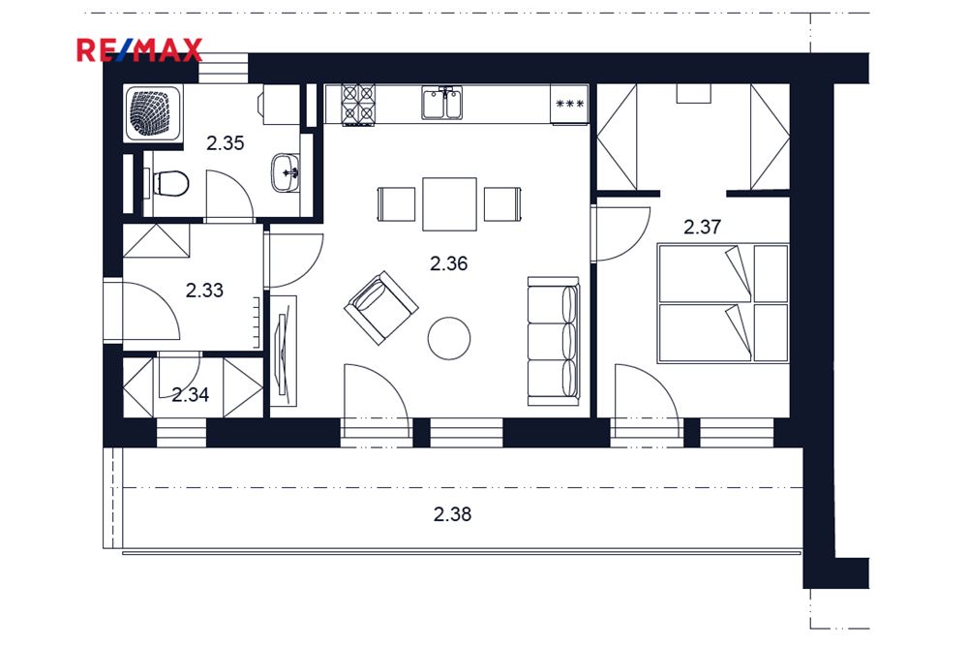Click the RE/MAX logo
(139, 49)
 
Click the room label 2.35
(226, 143)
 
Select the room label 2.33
(204, 289)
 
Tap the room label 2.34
(191, 394)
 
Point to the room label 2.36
(449, 261)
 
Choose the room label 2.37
(702, 228)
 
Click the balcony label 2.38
(452, 514)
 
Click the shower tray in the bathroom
(152, 115)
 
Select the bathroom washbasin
(286, 172)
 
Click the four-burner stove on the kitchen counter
(358, 105)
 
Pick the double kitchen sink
(441, 103)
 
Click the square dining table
(449, 204)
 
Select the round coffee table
(449, 337)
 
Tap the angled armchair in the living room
(380, 307)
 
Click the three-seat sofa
(553, 341)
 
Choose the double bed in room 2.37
(723, 302)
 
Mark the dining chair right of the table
(503, 204)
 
